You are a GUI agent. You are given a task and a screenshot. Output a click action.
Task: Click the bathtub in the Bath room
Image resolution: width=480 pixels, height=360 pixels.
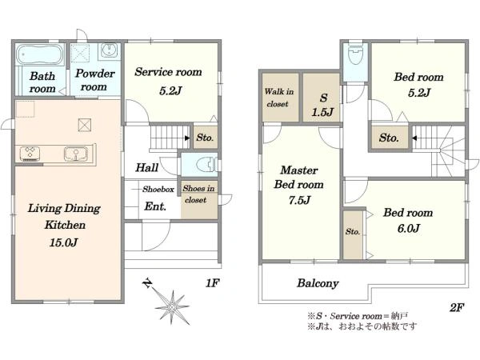coord(39,54)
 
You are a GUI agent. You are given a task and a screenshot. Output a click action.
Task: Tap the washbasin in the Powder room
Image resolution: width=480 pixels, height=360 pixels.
coord(110,50)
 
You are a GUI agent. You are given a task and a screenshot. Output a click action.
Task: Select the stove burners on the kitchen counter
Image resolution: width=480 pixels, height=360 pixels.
coord(30,154)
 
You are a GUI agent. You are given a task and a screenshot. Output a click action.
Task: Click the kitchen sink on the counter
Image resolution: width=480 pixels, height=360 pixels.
coord(76,154)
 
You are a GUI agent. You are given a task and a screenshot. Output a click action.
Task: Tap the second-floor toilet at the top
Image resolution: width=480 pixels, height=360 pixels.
coord(355,54)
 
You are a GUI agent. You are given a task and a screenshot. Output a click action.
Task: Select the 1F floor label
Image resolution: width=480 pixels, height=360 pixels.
coord(212,283)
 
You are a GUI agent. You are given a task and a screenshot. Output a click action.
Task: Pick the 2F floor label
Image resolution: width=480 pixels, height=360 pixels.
coord(457,307)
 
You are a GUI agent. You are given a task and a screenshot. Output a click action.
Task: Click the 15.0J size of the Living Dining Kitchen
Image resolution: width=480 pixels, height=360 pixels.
coord(63,242)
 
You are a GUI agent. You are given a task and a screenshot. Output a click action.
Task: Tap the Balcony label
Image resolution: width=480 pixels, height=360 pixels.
coord(318,283)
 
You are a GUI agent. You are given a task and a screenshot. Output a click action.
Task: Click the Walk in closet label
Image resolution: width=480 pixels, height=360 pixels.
coord(278,98)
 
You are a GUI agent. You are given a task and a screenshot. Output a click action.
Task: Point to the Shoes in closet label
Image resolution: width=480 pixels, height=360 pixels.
coord(198,194)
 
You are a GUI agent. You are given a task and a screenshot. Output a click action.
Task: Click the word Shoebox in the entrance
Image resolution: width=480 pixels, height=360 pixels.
coord(158,189)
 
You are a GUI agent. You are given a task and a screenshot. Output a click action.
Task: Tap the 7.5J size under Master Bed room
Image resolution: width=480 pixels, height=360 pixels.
coord(299,200)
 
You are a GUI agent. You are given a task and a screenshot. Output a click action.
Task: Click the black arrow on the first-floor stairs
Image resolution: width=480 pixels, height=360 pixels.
coord(187,138)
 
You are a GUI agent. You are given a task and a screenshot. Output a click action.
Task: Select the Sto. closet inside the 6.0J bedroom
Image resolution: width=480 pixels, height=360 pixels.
coord(353,234)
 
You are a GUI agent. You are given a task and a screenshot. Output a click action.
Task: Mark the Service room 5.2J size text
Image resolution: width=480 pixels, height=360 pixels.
coord(170,90)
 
